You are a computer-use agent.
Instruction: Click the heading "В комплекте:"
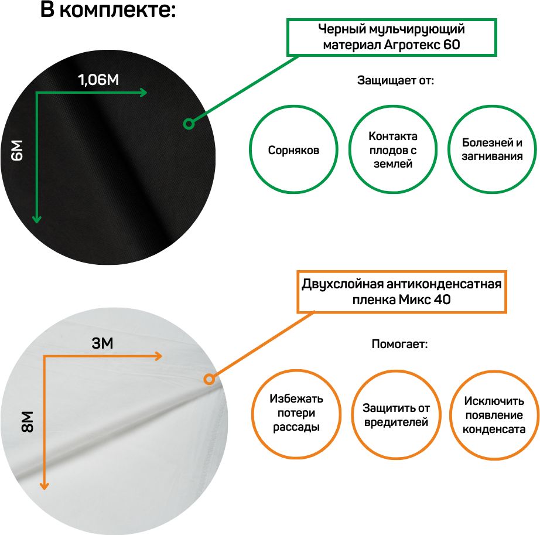tap(108, 9)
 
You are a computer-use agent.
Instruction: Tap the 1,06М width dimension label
tap(98, 80)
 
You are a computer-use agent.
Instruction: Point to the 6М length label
tap(17, 150)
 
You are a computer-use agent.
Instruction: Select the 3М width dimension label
tap(102, 343)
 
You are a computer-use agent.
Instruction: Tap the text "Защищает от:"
tap(395, 81)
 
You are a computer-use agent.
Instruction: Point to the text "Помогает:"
tap(399, 344)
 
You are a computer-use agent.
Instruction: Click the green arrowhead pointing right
tap(143, 93)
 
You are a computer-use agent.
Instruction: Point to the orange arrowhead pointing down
tap(44, 486)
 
